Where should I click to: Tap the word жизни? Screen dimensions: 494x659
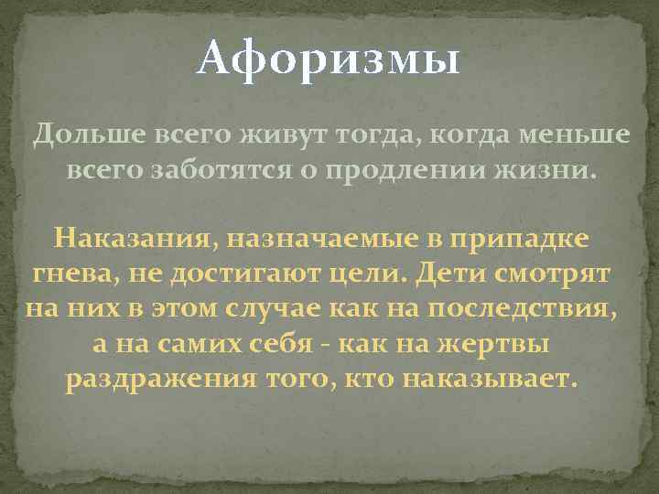(546, 171)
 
